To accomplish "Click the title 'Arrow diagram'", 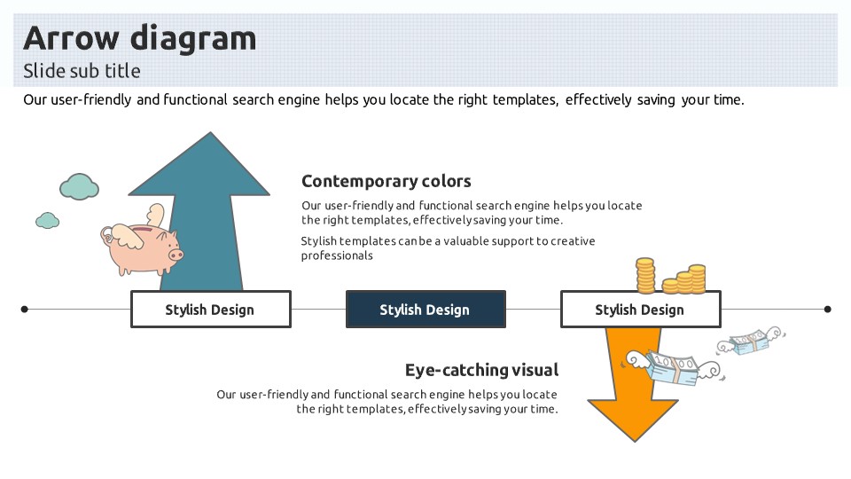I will coord(139,38).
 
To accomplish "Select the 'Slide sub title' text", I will coord(82,71).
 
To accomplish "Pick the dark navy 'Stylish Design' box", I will coord(425,310).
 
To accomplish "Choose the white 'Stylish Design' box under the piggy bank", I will coord(210,310).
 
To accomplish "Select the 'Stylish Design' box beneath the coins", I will coord(640,310).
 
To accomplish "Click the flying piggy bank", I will coord(142,246).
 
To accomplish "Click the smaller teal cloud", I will coord(47,220).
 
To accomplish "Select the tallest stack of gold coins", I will coord(645,275).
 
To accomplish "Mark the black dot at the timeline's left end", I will coord(25,310).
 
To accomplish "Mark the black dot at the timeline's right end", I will coord(827,310).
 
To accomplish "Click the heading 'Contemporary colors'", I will coord(386,182).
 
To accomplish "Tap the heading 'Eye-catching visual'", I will coord(481,370).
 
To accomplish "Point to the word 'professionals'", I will coord(337,256).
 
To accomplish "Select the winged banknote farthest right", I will coord(752,342).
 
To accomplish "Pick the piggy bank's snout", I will coord(176,255).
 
